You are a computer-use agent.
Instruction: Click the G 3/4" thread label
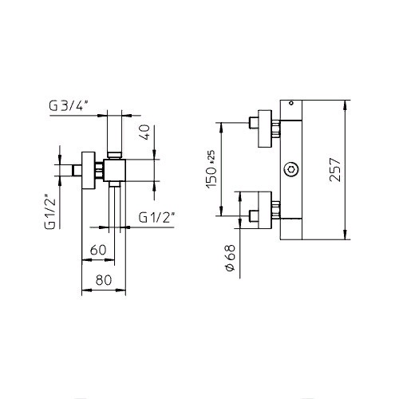(69, 106)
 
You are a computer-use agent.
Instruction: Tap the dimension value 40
(144, 132)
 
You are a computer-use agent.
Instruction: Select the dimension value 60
(98, 250)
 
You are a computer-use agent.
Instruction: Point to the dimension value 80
(104, 280)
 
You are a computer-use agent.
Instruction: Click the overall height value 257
(335, 170)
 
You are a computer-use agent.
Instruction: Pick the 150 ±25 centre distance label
(211, 169)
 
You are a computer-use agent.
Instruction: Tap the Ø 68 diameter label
(231, 258)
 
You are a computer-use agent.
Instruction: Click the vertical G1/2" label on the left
(50, 213)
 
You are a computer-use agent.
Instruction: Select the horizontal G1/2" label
(156, 218)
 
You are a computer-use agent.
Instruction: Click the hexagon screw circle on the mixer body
(291, 169)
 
